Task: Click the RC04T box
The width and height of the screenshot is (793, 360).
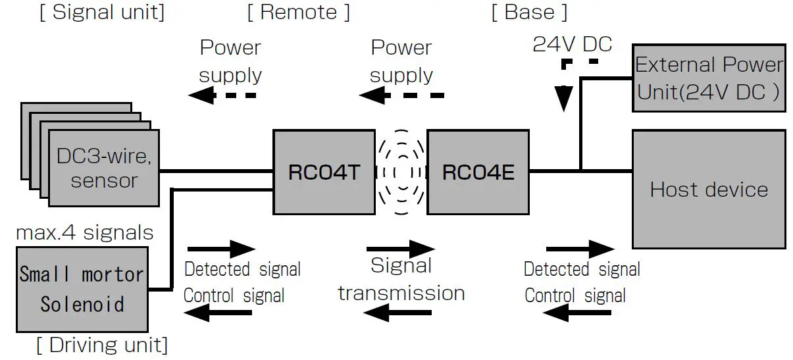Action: (324, 172)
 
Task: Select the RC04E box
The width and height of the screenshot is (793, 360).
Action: (478, 172)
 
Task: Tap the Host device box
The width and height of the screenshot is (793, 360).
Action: (709, 190)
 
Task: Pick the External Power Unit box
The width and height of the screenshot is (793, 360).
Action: (709, 78)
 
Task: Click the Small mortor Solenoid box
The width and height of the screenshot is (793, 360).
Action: (82, 290)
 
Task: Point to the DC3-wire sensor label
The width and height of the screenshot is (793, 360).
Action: (104, 168)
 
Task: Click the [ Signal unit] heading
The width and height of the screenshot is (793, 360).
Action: (102, 12)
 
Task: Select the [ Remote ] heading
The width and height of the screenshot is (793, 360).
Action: (299, 12)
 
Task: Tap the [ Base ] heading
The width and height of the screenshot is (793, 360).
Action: (529, 12)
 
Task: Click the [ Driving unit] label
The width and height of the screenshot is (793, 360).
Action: (101, 345)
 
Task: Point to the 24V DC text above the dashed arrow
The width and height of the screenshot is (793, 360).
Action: (573, 44)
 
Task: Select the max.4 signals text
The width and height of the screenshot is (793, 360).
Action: (84, 232)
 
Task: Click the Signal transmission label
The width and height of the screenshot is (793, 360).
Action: (401, 279)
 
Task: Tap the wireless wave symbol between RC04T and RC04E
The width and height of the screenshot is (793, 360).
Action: (401, 172)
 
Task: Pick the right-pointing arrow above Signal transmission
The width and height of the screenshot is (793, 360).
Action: (400, 249)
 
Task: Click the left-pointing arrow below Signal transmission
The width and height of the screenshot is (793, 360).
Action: (400, 315)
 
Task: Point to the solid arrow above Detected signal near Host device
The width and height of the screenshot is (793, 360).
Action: (580, 249)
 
